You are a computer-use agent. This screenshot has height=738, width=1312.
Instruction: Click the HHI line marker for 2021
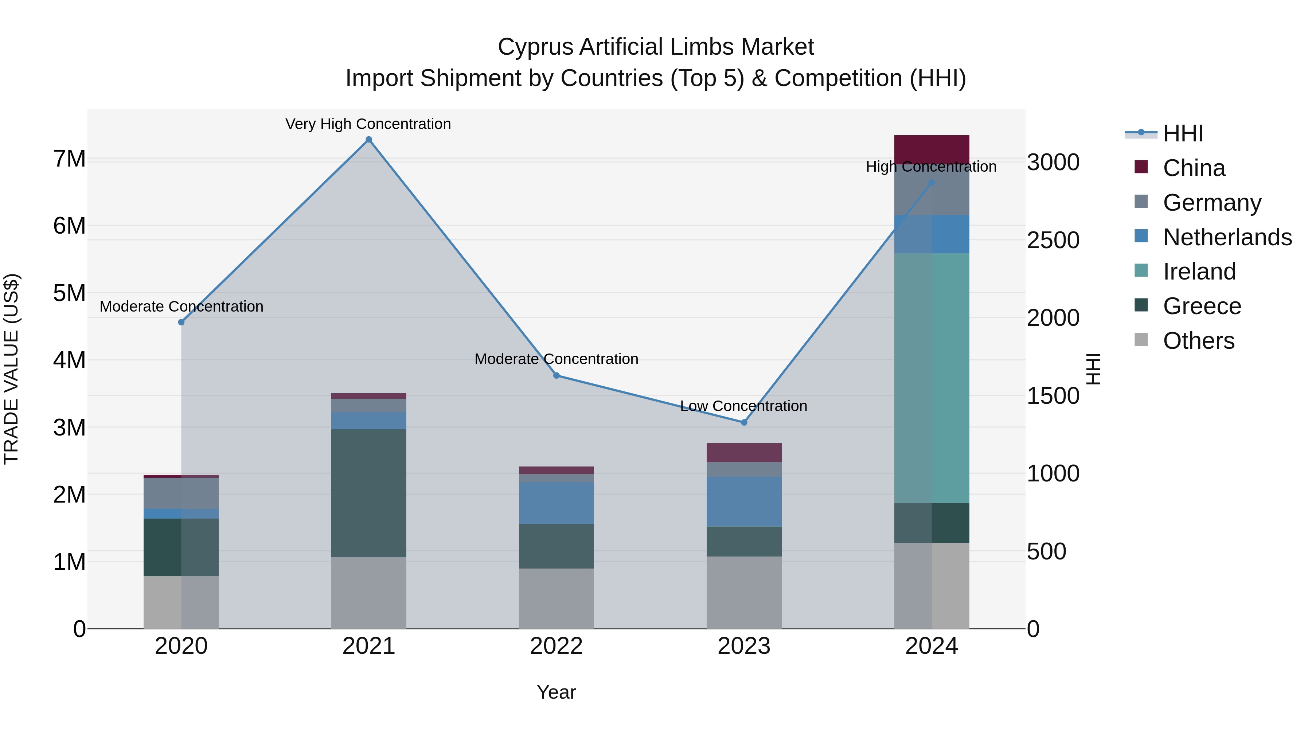pos(369,140)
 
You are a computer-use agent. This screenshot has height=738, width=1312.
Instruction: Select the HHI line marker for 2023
pos(743,422)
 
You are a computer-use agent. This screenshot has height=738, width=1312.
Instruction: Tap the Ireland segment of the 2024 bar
pos(932,378)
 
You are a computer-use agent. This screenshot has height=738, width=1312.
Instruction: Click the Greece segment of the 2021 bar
pos(369,493)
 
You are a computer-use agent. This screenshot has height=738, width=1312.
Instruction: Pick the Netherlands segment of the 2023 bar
pos(743,502)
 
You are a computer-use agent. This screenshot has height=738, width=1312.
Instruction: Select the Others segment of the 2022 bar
pos(556,598)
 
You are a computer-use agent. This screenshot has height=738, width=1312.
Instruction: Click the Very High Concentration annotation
pos(368,124)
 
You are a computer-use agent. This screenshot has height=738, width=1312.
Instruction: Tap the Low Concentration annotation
pos(743,406)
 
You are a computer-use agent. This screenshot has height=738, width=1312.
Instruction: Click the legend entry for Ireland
pos(1199,272)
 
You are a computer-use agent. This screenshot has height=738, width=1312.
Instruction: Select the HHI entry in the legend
pos(1183,133)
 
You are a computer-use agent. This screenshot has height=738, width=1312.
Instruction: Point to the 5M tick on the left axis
pos(69,293)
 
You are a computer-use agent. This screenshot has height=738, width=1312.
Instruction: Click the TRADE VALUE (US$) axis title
pos(12,369)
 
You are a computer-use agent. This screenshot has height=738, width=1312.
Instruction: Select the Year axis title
pos(556,692)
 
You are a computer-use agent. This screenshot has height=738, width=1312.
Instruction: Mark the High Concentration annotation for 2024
pos(931,167)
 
